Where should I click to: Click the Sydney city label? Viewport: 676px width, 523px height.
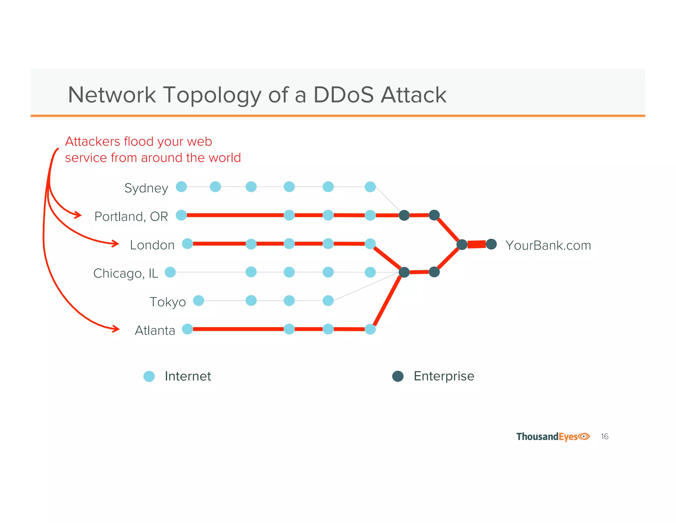point(146,188)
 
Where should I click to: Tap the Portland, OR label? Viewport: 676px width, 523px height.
point(131,217)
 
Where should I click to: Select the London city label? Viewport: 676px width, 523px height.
point(152,245)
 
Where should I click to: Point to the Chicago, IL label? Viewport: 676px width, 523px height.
point(125,273)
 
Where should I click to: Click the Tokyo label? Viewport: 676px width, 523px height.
point(167,302)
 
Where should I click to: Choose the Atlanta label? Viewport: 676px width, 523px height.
point(155,330)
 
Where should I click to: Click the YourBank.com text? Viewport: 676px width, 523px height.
point(548,245)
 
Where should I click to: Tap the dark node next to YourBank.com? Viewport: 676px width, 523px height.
point(491,244)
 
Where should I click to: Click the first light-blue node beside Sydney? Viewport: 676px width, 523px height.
point(181,186)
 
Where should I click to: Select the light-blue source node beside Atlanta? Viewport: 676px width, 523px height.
point(187,329)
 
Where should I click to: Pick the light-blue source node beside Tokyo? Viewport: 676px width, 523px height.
point(198,301)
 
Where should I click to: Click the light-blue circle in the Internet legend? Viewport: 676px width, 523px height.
point(149,376)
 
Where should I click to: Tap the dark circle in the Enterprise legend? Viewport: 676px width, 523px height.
point(398,376)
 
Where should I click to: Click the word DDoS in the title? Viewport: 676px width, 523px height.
point(343,95)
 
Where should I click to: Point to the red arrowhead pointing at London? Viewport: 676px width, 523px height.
point(116,244)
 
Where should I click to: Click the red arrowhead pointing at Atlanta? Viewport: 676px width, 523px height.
point(116,329)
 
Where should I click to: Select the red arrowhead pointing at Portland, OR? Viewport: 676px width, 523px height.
point(78,215)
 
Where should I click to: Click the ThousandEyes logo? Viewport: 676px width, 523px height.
point(553,437)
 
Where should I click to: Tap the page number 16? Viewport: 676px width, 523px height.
point(604,437)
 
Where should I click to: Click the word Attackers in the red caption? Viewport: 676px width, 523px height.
point(92,141)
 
